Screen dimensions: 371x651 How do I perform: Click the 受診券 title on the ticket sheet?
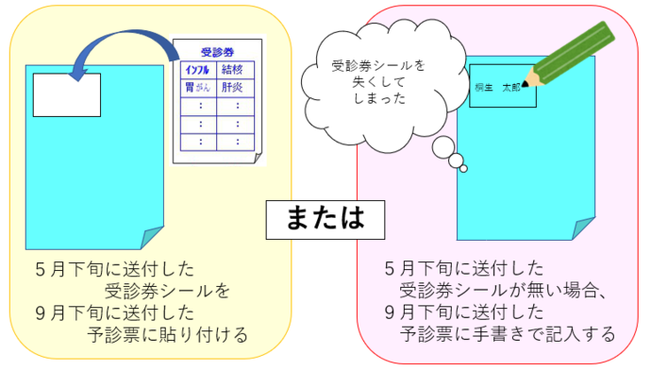tap(219, 52)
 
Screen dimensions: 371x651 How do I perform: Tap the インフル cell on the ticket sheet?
tap(198, 71)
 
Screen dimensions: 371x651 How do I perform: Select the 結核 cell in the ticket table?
tap(232, 71)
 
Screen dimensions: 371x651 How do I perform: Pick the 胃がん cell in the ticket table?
tap(198, 88)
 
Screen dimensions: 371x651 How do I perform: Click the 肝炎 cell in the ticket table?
tap(232, 88)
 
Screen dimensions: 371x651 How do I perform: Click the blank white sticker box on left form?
tap(67, 94)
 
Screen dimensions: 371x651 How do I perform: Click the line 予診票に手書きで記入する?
tap(507, 334)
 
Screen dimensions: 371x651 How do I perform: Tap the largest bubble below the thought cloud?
tap(442, 146)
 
